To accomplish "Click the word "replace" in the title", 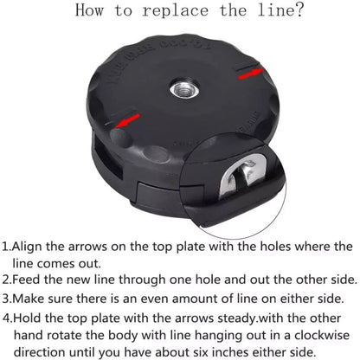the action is click(x=175, y=11).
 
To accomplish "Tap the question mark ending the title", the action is click(x=299, y=10).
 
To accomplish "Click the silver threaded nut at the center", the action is click(x=184, y=89).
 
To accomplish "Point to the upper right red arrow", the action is click(x=251, y=74).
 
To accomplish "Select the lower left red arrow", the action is click(x=127, y=120).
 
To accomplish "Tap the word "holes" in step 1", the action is click(x=275, y=247).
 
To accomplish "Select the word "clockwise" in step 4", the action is click(x=322, y=336).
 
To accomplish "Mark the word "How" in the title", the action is click(x=89, y=10).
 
